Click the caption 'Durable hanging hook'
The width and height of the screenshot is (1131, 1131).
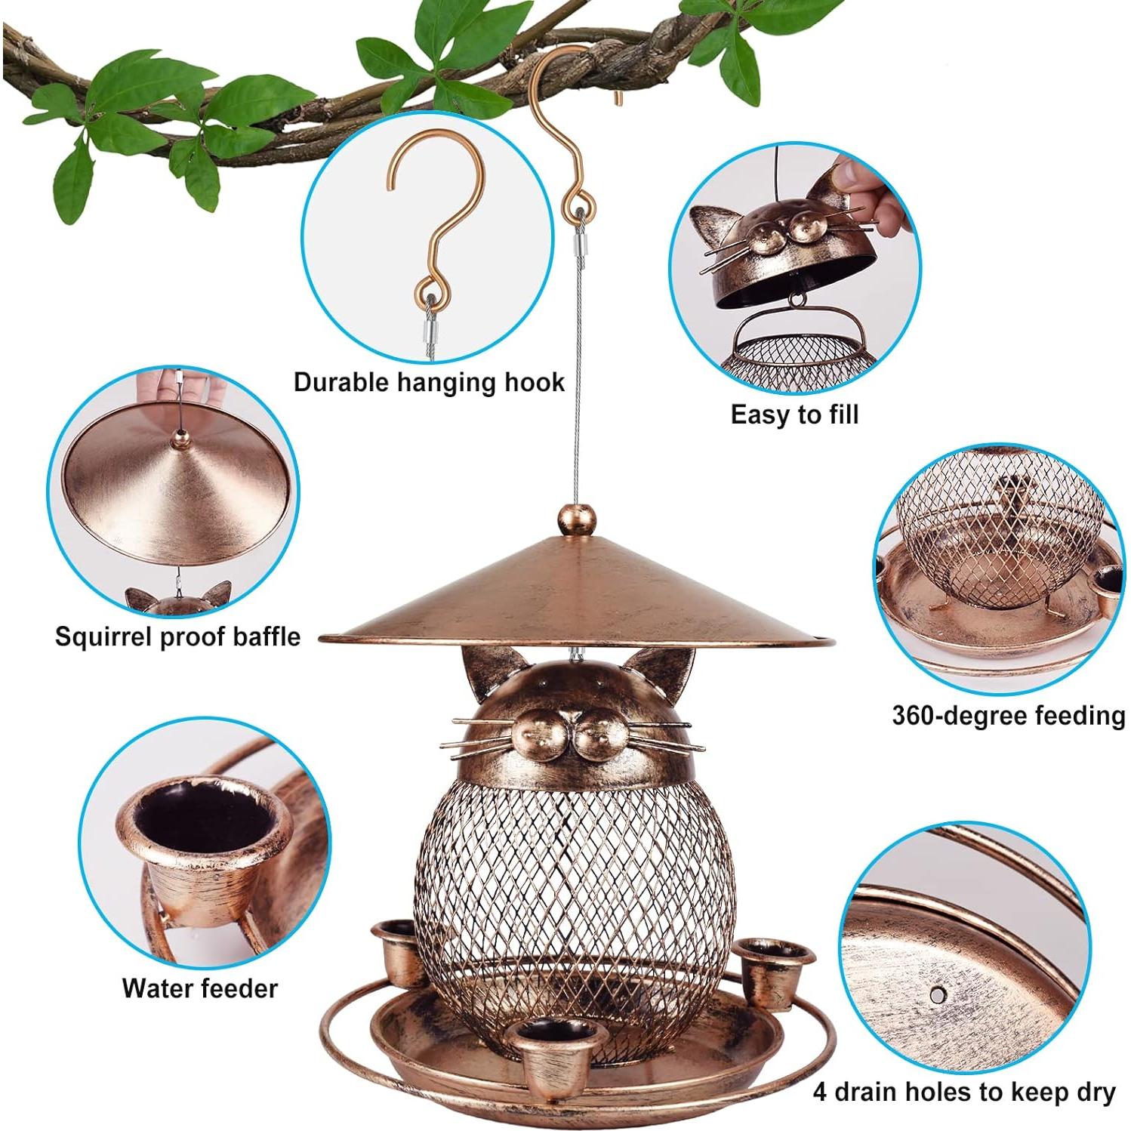click(x=429, y=382)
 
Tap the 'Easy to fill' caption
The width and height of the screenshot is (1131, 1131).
click(x=794, y=414)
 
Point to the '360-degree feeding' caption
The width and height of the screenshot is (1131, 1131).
click(x=1008, y=714)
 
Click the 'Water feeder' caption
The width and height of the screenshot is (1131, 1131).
click(x=200, y=988)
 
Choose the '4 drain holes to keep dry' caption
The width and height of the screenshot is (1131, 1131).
click(x=964, y=1092)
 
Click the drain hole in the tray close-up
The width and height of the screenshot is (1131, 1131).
click(x=939, y=994)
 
